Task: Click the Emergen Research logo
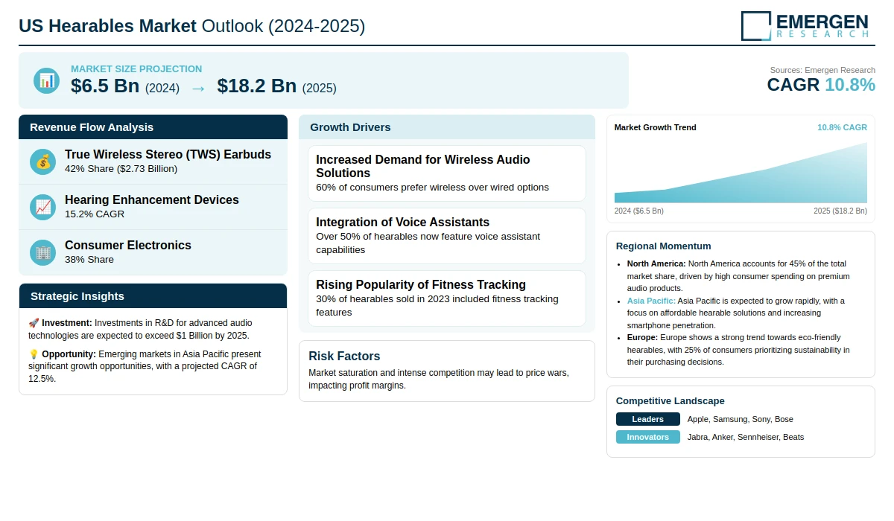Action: pyautogui.click(x=805, y=25)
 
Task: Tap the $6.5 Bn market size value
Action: pyautogui.click(x=105, y=86)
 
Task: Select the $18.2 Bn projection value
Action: pyautogui.click(x=257, y=86)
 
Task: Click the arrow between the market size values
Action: pyautogui.click(x=198, y=88)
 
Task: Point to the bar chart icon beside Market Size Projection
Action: pyautogui.click(x=46, y=80)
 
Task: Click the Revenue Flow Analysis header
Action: pyautogui.click(x=92, y=127)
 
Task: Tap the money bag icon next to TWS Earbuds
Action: pyautogui.click(x=43, y=162)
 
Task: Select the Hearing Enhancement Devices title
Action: pyautogui.click(x=152, y=199)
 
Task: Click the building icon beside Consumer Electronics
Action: pyautogui.click(x=43, y=252)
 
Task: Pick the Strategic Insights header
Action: pyautogui.click(x=77, y=296)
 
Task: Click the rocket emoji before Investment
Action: pyautogui.click(x=34, y=323)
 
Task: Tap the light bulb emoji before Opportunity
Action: pyautogui.click(x=34, y=354)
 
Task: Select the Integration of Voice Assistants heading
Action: pyautogui.click(x=402, y=222)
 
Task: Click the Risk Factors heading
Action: pyautogui.click(x=344, y=356)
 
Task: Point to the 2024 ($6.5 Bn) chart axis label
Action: pyautogui.click(x=638, y=211)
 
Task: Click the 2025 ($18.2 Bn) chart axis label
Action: pyautogui.click(x=840, y=211)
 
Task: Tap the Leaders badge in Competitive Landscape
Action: pyautogui.click(x=647, y=419)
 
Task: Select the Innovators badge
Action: pyautogui.click(x=647, y=437)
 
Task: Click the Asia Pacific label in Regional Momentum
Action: pyautogui.click(x=650, y=301)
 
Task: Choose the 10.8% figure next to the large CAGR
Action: pyautogui.click(x=849, y=85)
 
